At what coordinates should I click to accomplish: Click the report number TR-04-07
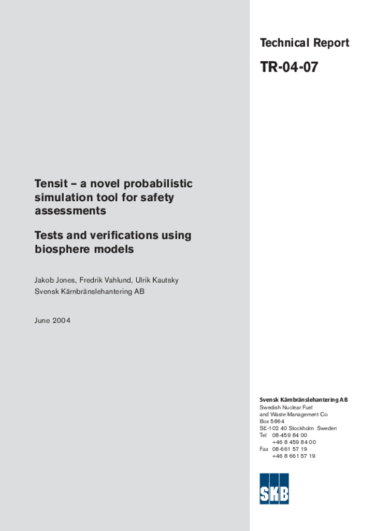pyautogui.click(x=289, y=67)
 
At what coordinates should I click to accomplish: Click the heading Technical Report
pyautogui.click(x=305, y=43)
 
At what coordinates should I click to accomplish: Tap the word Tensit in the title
pyautogui.click(x=50, y=184)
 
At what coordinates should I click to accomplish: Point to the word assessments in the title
pyautogui.click(x=70, y=211)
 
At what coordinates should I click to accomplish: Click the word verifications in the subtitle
pyautogui.click(x=125, y=235)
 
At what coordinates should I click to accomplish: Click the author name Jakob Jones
pyautogui.click(x=54, y=280)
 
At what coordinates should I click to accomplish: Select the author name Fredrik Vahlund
pyautogui.click(x=105, y=280)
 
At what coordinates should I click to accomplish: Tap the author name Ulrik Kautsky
pyautogui.click(x=157, y=280)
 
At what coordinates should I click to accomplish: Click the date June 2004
pyautogui.click(x=52, y=320)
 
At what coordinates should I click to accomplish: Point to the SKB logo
pyautogui.click(x=274, y=488)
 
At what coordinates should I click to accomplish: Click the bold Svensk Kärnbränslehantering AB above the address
pyautogui.click(x=304, y=400)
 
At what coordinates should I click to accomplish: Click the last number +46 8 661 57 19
pyautogui.click(x=294, y=456)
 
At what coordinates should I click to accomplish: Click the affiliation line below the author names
pyautogui.click(x=89, y=291)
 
